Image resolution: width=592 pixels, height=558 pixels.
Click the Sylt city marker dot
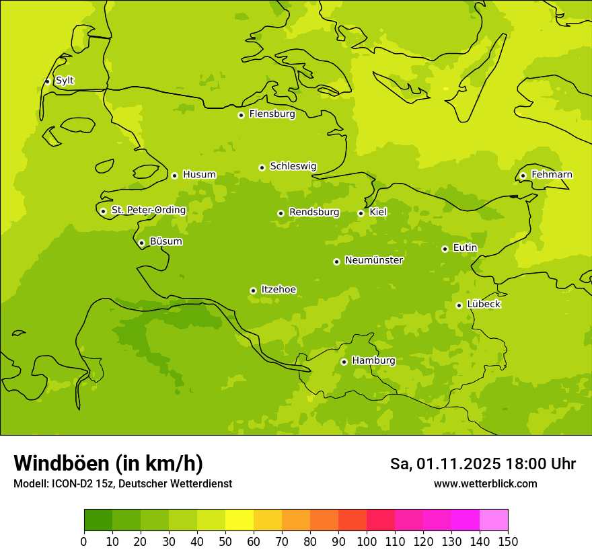[x=47, y=81]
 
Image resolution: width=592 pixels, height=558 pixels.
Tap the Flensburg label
[x=272, y=114]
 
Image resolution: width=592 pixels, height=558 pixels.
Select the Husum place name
[x=199, y=175]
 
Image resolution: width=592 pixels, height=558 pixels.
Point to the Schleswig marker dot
[x=262, y=167]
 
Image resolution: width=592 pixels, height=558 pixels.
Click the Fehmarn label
[x=552, y=175]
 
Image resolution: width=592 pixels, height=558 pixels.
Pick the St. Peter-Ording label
[x=148, y=210]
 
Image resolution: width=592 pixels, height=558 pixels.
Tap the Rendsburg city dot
[x=281, y=213]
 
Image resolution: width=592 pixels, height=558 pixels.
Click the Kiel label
[x=378, y=212]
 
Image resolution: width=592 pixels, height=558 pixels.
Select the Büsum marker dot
[x=141, y=243]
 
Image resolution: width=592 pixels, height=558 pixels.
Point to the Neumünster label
[x=374, y=260]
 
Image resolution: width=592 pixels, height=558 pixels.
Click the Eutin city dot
[x=445, y=249]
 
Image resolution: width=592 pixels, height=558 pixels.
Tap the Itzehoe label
[x=278, y=290]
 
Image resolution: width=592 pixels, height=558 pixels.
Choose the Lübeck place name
[x=484, y=305]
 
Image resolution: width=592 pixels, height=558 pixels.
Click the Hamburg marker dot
[x=344, y=362]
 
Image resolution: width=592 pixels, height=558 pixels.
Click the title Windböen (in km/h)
[x=108, y=463]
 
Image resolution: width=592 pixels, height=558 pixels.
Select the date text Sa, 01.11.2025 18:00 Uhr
[x=482, y=464]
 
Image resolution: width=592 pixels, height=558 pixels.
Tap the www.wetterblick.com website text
[x=485, y=484]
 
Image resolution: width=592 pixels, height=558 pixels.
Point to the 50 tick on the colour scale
[x=225, y=541]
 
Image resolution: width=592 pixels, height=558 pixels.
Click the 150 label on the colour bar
[x=508, y=541]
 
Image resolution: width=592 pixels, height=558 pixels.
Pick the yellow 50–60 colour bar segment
[x=239, y=520]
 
